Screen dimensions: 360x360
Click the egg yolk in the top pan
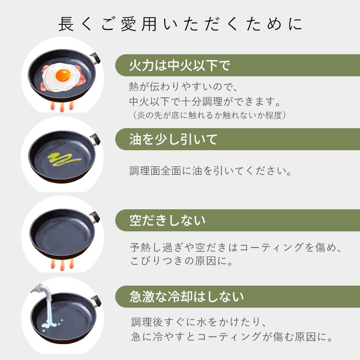63,75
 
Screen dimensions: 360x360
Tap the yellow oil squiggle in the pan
64,159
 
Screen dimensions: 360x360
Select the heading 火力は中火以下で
180,65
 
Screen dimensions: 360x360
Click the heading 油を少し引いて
173,139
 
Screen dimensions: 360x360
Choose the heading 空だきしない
168,220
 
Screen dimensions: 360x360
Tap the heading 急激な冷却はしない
186,297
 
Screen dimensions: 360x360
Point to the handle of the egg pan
95,58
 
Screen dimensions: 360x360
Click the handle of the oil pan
95,139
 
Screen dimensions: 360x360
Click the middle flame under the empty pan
62,265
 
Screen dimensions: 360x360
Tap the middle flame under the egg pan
62,107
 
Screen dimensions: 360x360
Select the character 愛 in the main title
128,24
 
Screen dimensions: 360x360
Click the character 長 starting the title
66,24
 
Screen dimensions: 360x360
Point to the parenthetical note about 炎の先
209,115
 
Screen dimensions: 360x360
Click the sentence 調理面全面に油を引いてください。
211,171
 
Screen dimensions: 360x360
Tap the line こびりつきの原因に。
181,261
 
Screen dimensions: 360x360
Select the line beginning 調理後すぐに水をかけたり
199,322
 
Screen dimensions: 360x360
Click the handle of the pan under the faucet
96,301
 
